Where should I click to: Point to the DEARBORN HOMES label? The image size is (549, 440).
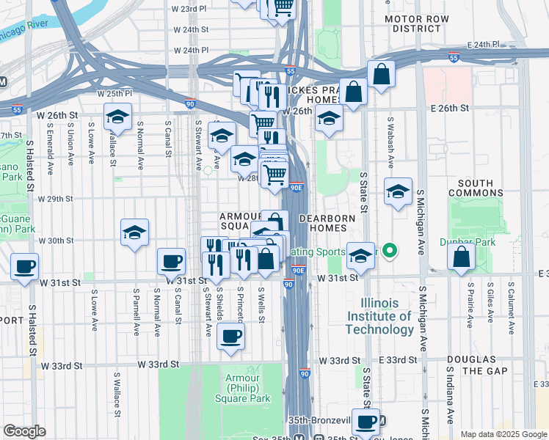coord(327,224)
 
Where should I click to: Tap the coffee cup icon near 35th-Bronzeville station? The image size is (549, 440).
coord(366,422)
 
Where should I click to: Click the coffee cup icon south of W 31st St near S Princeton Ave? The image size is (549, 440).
coord(230,336)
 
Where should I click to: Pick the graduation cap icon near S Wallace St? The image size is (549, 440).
coord(117,117)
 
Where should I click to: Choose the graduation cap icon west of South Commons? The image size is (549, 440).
coord(398,192)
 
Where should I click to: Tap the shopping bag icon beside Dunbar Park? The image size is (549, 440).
coord(461,257)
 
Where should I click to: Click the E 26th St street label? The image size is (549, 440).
coord(449,108)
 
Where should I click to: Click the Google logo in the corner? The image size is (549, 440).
coord(24,431)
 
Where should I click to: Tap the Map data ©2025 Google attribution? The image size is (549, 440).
coord(503,434)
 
